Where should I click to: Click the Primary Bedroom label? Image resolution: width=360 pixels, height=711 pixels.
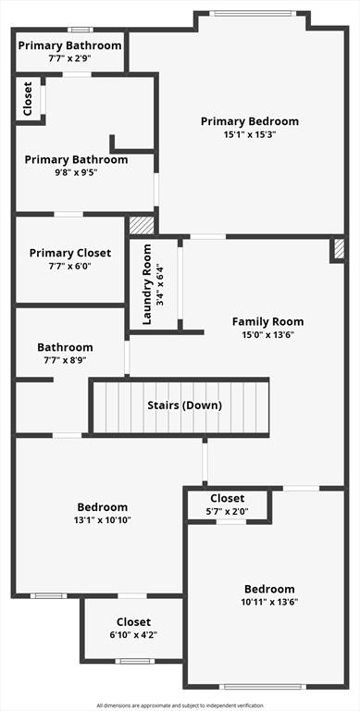[250, 121]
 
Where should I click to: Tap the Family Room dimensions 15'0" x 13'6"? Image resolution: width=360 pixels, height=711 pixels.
[268, 335]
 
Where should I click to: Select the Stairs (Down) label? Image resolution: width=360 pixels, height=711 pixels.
[185, 405]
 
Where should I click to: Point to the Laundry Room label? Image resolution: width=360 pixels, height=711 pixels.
[147, 284]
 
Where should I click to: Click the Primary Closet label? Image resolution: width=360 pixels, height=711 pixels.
[70, 253]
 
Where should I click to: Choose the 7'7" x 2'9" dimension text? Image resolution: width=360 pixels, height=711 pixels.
[69, 58]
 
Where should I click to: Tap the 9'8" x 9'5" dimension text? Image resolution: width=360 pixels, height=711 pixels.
[76, 172]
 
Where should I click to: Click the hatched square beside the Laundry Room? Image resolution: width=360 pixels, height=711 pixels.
[142, 225]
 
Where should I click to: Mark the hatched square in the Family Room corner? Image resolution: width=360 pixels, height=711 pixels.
[339, 248]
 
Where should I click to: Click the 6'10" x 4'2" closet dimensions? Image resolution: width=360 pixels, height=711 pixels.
[134, 634]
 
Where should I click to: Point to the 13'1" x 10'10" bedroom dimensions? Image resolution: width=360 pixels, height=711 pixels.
[103, 519]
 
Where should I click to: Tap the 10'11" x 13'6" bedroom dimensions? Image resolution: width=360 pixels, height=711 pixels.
[269, 602]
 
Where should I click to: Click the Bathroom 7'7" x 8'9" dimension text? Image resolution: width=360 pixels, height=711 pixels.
[65, 360]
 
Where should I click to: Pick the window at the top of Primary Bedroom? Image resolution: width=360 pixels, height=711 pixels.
[253, 14]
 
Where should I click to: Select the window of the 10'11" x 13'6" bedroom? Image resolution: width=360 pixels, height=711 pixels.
[266, 687]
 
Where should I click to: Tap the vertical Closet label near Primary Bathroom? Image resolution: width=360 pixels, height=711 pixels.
[28, 98]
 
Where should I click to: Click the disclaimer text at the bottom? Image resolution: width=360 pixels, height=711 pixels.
[180, 705]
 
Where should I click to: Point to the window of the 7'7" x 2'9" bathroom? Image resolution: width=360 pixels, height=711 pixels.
[81, 30]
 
